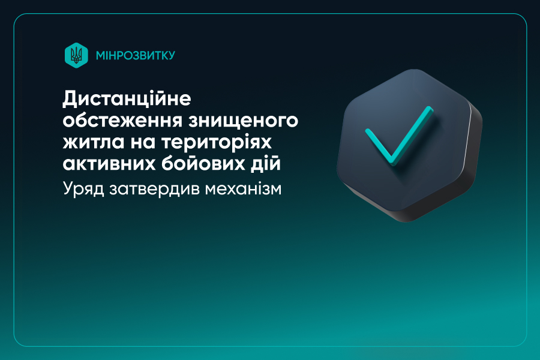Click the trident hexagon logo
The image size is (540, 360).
76,55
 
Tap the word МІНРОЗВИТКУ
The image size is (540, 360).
136,55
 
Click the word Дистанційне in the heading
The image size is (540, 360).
127,99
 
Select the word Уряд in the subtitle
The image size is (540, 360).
83,189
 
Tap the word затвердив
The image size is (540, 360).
154,189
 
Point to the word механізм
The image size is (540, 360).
243,189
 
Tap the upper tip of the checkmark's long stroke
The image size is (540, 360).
430,108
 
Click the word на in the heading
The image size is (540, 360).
143,143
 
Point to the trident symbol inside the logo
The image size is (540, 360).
76,55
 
